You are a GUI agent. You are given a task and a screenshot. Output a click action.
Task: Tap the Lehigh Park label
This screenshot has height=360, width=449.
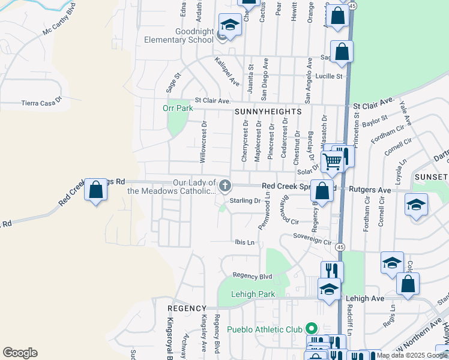254,294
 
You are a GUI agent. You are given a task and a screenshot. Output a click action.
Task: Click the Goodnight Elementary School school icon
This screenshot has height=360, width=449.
229,25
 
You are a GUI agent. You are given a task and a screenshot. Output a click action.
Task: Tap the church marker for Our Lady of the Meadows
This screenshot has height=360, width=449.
225,185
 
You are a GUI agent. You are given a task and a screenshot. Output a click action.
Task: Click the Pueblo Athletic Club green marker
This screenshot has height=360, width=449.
311,329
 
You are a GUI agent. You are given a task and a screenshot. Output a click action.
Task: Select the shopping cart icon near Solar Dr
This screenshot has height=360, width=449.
332,161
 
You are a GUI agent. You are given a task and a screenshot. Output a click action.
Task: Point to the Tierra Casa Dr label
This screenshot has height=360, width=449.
41,103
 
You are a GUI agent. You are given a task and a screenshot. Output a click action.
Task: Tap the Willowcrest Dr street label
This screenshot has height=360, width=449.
203,142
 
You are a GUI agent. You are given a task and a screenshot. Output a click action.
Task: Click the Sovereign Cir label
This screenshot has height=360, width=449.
312,242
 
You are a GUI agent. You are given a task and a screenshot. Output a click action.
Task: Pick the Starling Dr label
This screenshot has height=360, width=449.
245,201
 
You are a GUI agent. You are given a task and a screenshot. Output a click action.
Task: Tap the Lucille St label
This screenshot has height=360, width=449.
329,76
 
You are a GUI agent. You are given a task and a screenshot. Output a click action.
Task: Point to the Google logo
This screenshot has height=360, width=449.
20,353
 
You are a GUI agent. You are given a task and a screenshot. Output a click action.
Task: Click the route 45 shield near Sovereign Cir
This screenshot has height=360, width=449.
340,247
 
